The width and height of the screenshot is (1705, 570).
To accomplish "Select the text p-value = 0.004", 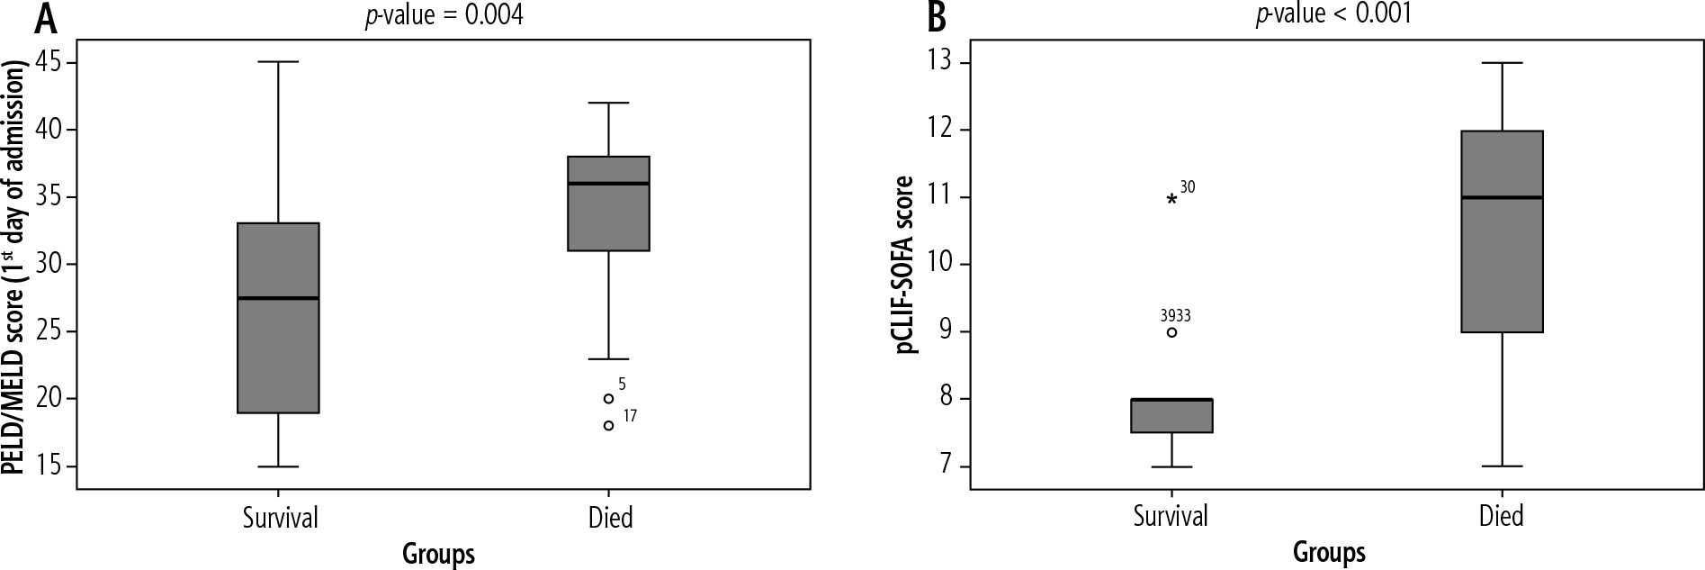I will click(x=444, y=15).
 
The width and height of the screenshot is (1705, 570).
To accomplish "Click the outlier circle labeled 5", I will click(x=608, y=398).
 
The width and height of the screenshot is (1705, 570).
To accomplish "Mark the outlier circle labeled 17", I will click(x=608, y=425).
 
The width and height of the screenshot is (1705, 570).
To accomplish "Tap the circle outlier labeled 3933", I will click(x=1171, y=331).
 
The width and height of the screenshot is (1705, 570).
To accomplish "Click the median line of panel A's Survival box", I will click(x=278, y=298).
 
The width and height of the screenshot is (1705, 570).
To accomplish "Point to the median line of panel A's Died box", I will click(x=608, y=184).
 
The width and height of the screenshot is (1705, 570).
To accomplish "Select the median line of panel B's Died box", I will click(x=1502, y=197).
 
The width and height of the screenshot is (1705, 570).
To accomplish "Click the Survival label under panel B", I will click(x=1171, y=517).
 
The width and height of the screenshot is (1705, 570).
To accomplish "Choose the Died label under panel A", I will click(x=610, y=517).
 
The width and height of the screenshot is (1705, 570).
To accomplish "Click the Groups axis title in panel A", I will click(x=439, y=552).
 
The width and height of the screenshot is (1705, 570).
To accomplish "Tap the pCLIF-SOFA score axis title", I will click(x=906, y=265).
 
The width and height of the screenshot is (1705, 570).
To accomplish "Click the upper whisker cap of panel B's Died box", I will click(x=1502, y=63).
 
